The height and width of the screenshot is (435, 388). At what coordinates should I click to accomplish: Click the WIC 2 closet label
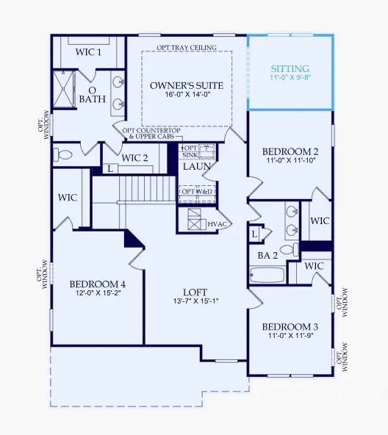pos(134,157)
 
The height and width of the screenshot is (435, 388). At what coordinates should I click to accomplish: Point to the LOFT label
pos(195,291)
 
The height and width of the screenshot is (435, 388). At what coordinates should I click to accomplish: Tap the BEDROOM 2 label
pos(290,153)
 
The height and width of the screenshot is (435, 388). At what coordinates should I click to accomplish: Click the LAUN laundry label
pos(198,167)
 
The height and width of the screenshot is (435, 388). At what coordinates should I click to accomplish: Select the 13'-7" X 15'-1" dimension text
pos(195,301)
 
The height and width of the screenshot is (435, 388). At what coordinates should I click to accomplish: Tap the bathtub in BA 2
pos(267,276)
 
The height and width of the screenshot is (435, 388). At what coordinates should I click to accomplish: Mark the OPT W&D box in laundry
pos(196,192)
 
